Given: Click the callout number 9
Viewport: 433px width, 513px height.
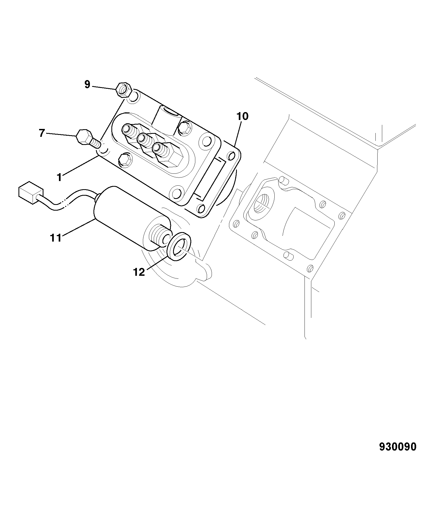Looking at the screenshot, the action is click(87, 85).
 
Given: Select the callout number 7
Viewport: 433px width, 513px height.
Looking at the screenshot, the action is click(41, 133).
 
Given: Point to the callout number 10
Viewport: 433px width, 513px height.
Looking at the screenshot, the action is click(242, 116).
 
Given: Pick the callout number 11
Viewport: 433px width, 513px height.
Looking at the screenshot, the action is click(56, 238).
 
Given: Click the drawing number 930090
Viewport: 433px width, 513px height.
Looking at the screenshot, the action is click(397, 446).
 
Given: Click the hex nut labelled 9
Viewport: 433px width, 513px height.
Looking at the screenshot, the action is click(124, 90).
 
